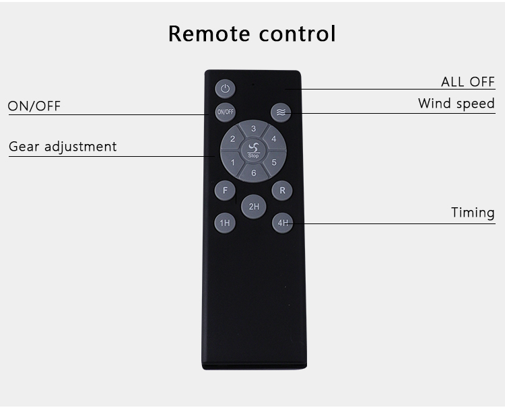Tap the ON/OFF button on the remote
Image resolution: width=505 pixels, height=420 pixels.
click(x=225, y=112)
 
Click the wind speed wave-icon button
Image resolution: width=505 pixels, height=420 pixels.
click(x=281, y=112)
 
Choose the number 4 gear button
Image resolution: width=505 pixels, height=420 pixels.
click(x=274, y=139)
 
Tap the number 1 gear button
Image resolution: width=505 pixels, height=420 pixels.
click(x=232, y=162)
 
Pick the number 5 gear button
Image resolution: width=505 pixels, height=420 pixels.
click(x=274, y=162)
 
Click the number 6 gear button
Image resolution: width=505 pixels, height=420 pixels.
click(x=253, y=173)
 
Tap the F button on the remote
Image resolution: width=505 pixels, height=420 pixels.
click(x=225, y=190)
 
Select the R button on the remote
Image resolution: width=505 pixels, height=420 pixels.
click(x=282, y=190)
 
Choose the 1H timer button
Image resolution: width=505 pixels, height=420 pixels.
click(x=225, y=223)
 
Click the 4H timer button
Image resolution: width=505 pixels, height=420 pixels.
click(x=282, y=223)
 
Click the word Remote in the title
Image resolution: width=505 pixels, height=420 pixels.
click(x=209, y=34)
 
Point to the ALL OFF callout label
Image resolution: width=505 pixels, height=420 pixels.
click(x=468, y=81)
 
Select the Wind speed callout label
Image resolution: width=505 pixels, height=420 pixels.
click(x=456, y=104)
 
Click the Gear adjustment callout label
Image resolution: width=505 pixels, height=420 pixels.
click(x=63, y=147)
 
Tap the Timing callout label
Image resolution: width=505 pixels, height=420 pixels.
click(x=473, y=213)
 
